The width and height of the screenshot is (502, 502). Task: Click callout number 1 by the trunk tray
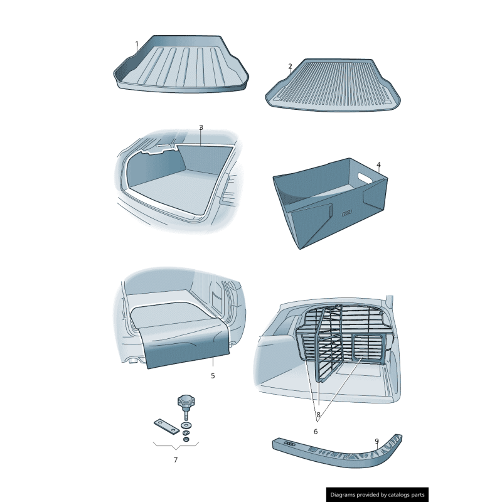pos(137,44)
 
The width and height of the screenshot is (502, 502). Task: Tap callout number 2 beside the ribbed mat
pos(290,67)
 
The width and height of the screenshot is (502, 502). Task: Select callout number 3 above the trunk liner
pos(201,127)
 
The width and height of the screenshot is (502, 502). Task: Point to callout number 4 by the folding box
pos(379,164)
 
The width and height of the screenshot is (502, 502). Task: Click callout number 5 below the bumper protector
pos(213,375)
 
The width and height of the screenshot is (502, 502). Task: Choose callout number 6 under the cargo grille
pos(316,432)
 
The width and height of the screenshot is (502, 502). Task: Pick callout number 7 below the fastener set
pos(176,460)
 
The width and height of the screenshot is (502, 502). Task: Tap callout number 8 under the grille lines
pos(318,415)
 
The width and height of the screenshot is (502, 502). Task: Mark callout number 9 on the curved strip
pos(377,441)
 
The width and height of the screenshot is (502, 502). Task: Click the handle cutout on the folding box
pos(365,178)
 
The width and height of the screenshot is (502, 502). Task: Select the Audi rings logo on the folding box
pos(347,213)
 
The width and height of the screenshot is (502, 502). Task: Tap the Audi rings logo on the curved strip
pos(289,444)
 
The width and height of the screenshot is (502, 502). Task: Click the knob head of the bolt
pos(186,400)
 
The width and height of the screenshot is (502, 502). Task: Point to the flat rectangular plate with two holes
pos(166,427)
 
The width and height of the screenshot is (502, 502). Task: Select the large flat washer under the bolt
pos(186,425)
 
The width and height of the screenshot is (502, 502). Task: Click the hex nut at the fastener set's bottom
pos(186,439)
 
